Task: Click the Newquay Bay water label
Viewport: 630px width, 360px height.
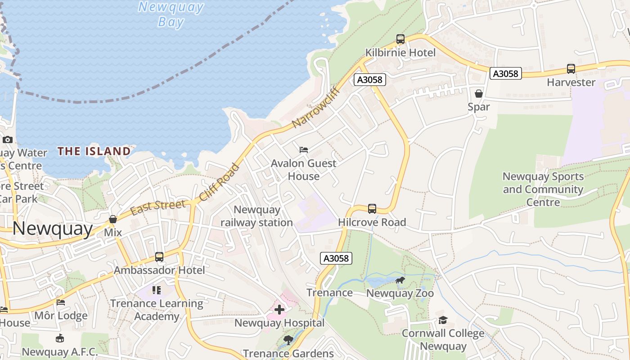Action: (171, 14)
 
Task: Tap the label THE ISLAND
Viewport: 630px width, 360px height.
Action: (94, 151)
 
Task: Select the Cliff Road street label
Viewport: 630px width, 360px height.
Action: (219, 182)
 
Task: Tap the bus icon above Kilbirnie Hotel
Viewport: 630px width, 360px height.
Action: (400, 39)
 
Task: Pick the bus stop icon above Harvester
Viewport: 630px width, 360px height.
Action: (571, 69)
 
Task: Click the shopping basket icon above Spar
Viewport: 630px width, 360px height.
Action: (479, 94)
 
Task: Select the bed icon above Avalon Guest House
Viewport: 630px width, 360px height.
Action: (304, 149)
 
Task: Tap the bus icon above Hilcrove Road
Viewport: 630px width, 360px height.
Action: (372, 209)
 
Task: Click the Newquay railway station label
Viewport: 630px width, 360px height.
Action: (257, 216)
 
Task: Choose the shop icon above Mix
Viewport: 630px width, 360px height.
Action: (113, 220)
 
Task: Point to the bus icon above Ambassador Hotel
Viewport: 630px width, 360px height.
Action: (159, 257)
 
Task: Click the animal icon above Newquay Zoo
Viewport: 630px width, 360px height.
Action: (400, 281)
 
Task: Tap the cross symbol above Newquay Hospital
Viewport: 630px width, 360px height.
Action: (279, 310)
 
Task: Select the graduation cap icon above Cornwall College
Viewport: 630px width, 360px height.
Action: (443, 320)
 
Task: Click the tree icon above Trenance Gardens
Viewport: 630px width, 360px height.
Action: (288, 340)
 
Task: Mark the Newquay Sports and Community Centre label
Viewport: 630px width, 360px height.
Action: (543, 189)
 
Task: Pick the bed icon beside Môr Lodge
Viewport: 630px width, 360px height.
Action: (61, 302)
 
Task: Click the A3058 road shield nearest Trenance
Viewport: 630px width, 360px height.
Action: (336, 258)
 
